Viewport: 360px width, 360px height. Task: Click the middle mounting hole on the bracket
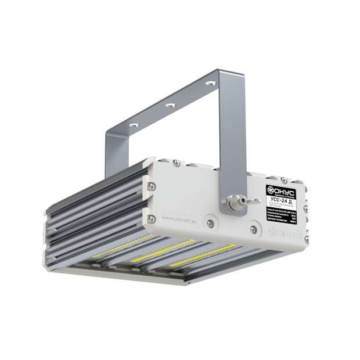pos(170,105)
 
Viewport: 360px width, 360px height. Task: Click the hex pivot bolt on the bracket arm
pos(234,203)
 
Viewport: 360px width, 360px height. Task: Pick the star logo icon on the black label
pos(271,189)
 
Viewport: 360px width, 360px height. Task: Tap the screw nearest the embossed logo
pos(254,229)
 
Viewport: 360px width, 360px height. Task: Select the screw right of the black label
pos(305,208)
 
